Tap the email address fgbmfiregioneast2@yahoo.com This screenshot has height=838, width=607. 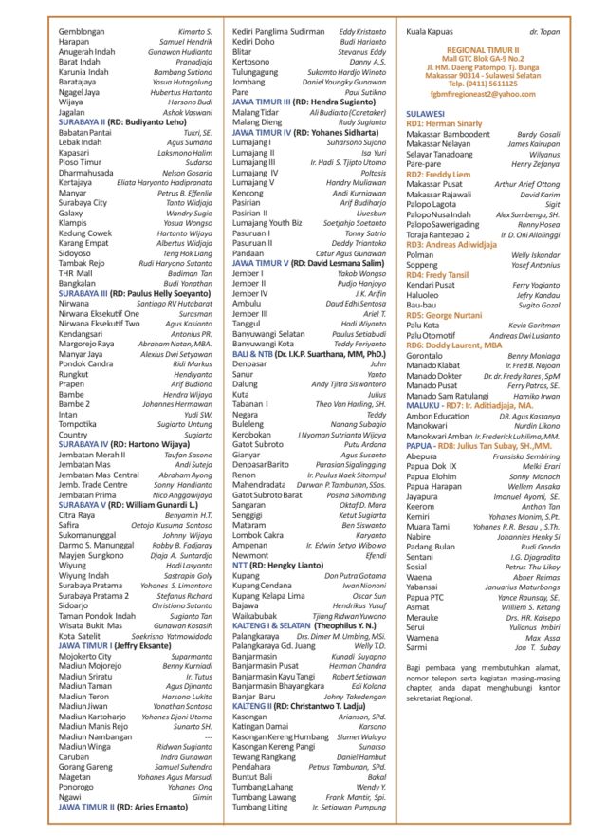(x=482, y=94)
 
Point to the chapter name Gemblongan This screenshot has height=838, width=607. (x=82, y=31)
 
